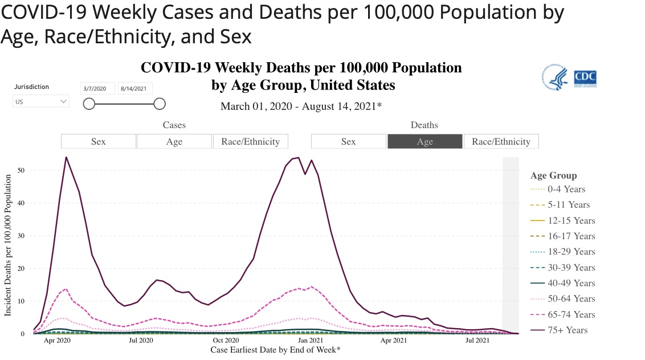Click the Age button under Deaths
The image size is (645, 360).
(424, 141)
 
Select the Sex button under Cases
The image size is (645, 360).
(99, 141)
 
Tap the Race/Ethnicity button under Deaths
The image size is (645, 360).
(501, 141)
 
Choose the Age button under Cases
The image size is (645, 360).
(174, 141)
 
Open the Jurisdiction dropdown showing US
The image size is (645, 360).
(41, 102)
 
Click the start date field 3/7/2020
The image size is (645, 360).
(98, 88)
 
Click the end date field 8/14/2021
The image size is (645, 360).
(135, 88)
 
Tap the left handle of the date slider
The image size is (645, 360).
(89, 103)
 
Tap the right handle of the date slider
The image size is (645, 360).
(160, 103)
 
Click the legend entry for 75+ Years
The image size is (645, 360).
(567, 330)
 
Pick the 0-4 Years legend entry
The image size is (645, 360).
(566, 189)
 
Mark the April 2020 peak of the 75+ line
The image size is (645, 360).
(66, 157)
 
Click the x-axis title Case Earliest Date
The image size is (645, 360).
(275, 349)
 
